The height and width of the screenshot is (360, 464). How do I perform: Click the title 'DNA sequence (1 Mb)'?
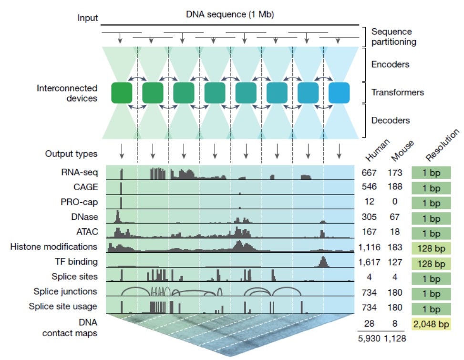(230, 14)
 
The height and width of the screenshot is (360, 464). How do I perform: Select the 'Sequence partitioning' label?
(393, 37)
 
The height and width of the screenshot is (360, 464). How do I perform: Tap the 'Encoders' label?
(390, 64)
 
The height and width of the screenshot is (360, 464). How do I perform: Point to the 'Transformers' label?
(398, 93)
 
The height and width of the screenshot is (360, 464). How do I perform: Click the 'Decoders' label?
(391, 120)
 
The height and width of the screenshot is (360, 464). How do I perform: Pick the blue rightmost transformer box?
(339, 93)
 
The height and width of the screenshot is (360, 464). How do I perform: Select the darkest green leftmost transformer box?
(122, 93)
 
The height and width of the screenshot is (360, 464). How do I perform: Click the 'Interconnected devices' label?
(67, 93)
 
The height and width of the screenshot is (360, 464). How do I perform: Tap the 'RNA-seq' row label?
(79, 172)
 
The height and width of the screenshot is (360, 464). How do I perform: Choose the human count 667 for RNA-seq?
(369, 173)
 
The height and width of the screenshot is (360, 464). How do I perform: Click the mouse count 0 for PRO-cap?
(395, 201)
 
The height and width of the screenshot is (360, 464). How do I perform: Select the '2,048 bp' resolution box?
(431, 324)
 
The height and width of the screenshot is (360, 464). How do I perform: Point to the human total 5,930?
(369, 339)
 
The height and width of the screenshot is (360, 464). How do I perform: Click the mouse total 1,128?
(395, 339)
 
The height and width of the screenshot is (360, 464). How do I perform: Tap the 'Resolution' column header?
(443, 145)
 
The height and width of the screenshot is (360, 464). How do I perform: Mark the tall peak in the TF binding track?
(323, 261)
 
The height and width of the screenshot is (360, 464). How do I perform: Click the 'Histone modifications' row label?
(53, 247)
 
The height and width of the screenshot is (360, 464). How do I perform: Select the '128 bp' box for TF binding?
(431, 264)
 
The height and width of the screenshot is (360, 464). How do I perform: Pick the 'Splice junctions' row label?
(65, 291)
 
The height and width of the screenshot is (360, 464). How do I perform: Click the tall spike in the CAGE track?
(121, 188)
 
